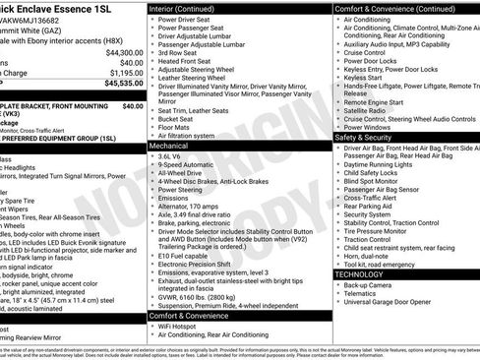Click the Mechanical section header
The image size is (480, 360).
(x=169, y=145)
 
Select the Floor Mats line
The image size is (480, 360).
(x=177, y=127)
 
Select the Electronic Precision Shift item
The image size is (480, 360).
(x=202, y=265)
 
